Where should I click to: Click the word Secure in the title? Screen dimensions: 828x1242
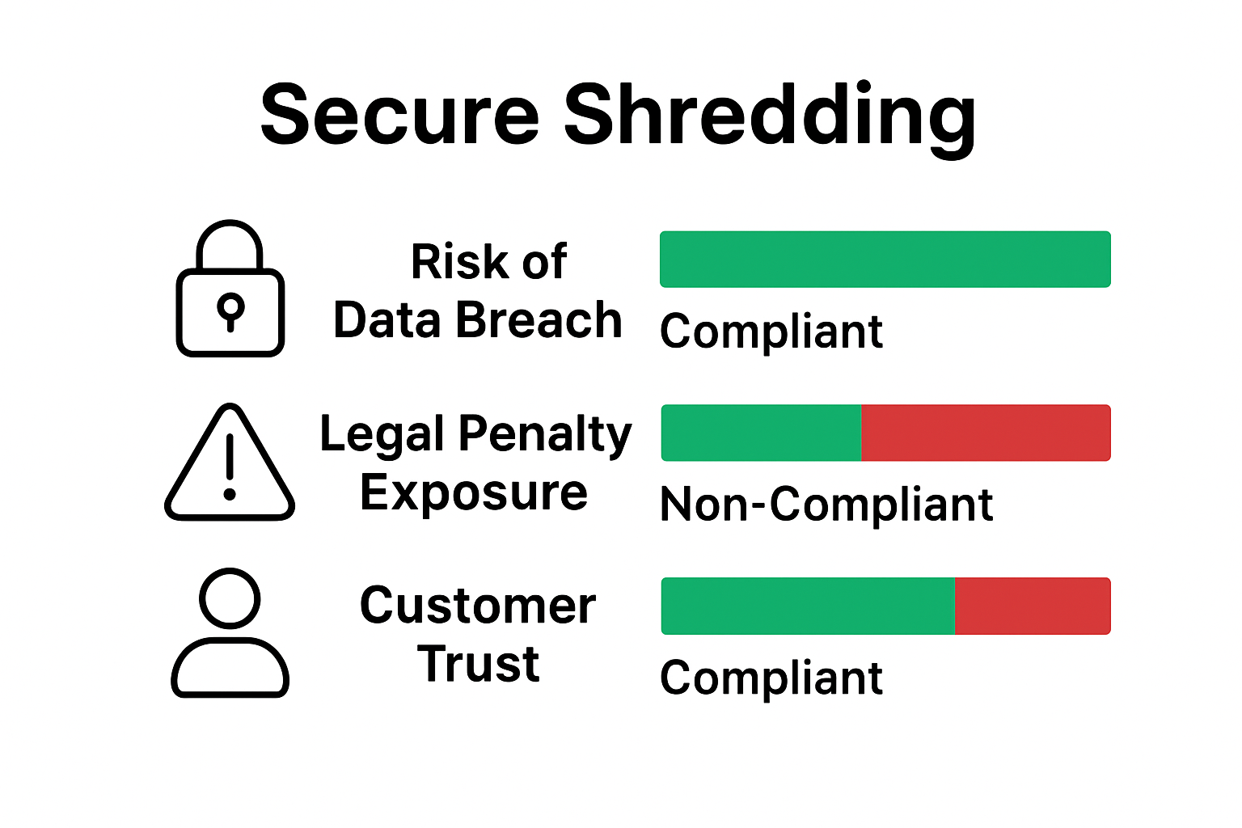399,115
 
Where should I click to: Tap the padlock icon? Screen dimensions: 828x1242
230,289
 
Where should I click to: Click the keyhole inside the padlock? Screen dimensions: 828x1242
230,309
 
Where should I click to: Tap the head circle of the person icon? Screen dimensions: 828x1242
230,598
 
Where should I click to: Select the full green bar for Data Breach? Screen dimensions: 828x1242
885,260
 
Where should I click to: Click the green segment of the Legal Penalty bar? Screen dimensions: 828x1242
761,433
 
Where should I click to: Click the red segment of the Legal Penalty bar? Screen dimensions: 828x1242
986,433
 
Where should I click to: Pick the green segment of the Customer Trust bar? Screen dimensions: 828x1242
808,606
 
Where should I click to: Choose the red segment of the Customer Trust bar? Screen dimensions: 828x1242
1033,606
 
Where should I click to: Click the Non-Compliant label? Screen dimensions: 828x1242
826,505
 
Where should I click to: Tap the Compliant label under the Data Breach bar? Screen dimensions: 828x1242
771,332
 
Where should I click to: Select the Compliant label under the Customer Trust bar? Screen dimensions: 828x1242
771,678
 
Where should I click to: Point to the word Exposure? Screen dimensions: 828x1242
474,492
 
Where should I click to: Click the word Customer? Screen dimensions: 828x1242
478,606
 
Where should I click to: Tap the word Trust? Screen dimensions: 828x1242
478,665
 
